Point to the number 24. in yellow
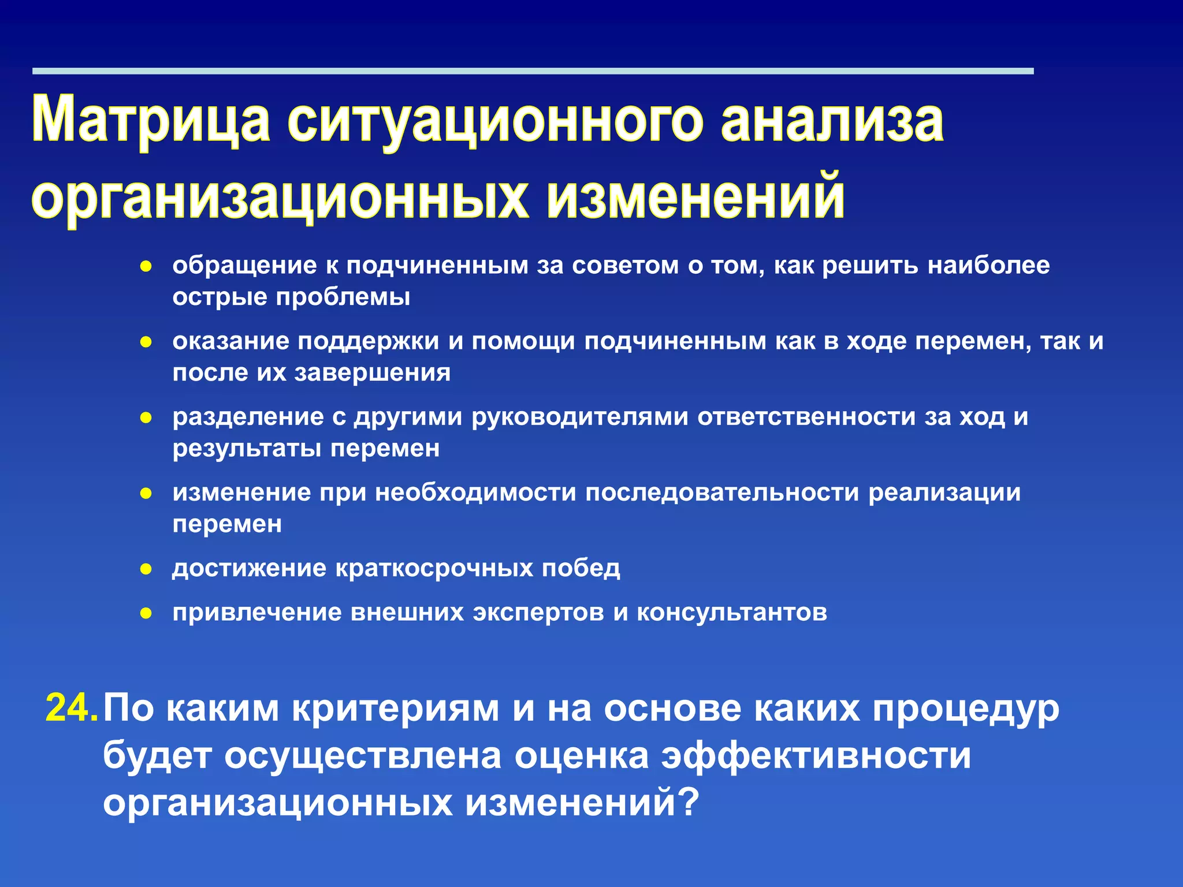point(72,708)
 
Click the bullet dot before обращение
point(146,267)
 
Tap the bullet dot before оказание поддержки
point(146,342)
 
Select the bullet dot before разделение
point(146,418)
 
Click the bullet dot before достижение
point(146,569)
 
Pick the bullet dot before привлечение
point(146,613)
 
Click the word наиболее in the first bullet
point(988,266)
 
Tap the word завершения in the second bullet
point(372,373)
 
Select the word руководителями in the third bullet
point(580,417)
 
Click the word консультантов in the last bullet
point(731,612)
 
